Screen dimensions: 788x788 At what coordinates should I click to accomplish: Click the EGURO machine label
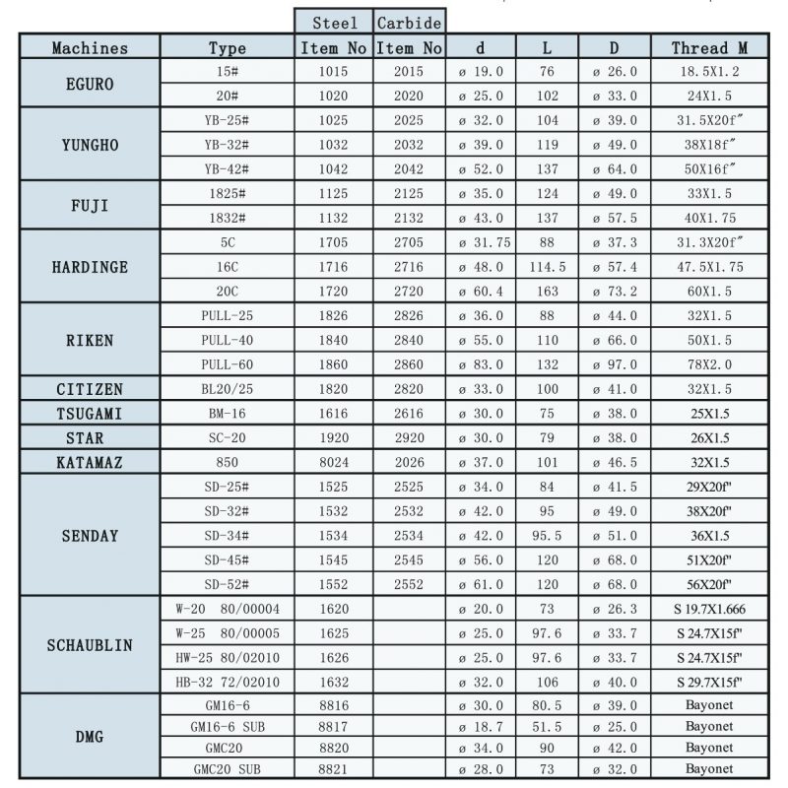pos(90,84)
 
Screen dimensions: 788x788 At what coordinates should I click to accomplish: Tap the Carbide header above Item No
pos(410,22)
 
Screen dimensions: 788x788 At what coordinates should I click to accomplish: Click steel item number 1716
pos(334,267)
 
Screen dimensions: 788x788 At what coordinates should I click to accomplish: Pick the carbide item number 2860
pos(408,364)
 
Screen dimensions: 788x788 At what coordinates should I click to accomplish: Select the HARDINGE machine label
pos(90,267)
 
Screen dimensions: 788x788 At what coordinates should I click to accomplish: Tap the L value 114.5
pos(547,267)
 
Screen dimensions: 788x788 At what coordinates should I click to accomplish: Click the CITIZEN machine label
pos(90,389)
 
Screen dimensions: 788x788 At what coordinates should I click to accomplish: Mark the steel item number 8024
pos(334,462)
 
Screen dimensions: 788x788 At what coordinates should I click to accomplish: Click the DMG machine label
pos(90,736)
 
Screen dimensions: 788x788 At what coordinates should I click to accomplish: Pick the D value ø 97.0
pos(615,364)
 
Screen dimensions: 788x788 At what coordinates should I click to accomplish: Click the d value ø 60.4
pos(481,292)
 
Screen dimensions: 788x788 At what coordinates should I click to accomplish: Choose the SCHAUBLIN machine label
pos(90,645)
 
